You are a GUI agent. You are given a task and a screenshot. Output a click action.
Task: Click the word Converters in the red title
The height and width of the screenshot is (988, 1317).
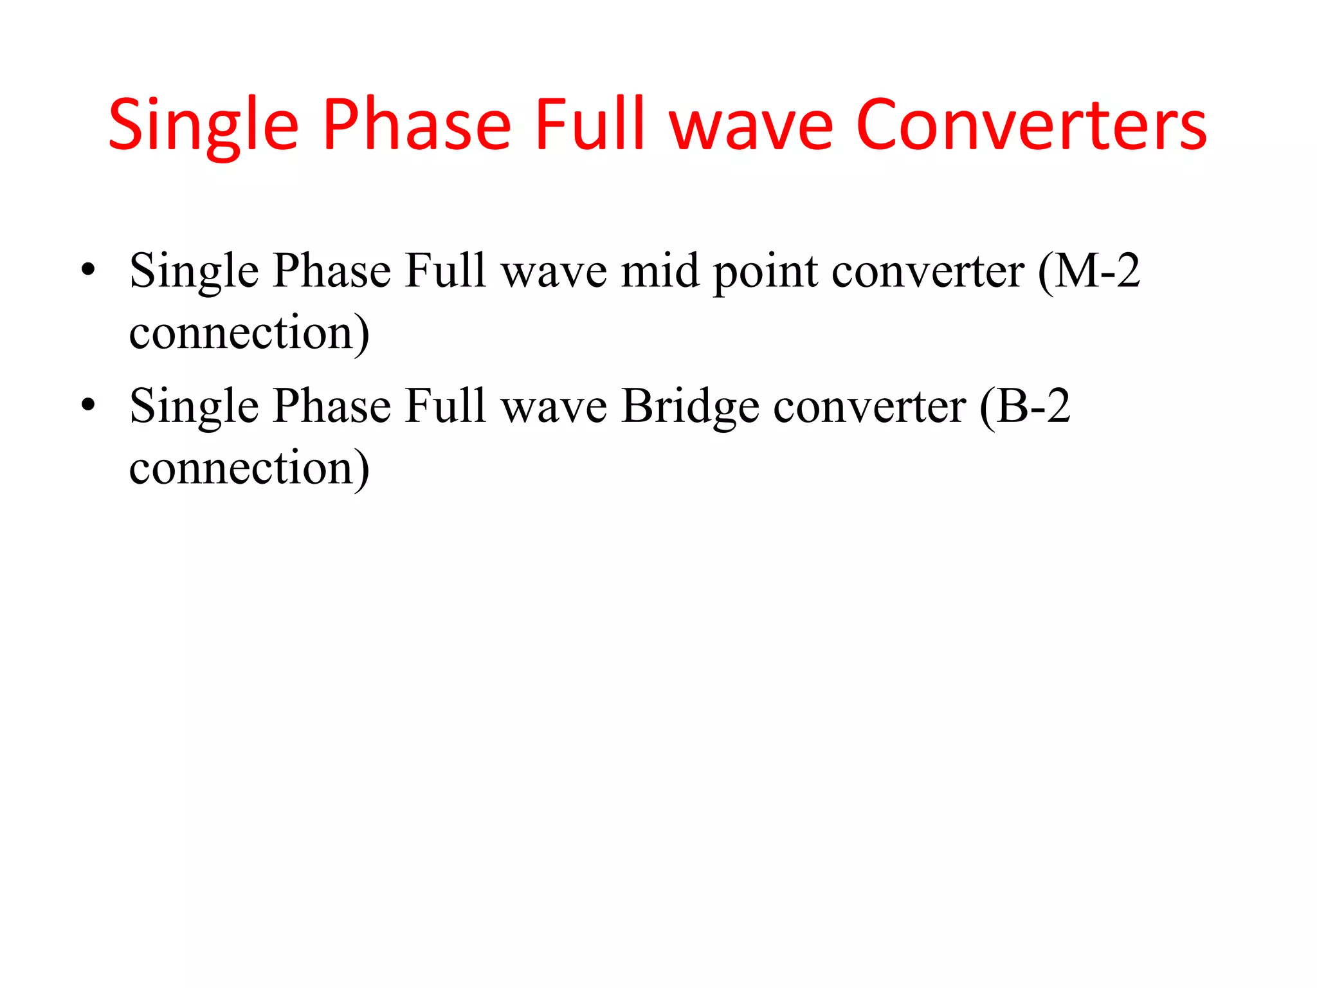[1031, 125]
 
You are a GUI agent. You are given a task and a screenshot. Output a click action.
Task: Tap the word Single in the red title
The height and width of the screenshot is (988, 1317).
[203, 127]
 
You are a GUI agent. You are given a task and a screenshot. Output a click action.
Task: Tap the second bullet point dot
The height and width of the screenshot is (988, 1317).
[88, 405]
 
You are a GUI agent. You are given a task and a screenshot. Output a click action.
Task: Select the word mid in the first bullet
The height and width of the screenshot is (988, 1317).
[660, 271]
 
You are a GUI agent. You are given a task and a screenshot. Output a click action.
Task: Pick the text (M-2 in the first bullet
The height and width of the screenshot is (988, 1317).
[1089, 271]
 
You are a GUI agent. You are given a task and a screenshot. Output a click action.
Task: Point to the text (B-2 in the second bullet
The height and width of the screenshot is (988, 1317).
[1025, 407]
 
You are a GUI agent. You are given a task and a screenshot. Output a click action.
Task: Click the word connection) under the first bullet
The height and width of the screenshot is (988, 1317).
[250, 333]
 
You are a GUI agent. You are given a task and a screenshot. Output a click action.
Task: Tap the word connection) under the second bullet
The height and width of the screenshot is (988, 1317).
[250, 468]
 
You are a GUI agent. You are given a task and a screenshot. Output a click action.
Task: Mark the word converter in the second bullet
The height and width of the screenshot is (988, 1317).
[869, 407]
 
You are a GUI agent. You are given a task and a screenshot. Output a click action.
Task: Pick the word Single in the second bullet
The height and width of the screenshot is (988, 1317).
[194, 407]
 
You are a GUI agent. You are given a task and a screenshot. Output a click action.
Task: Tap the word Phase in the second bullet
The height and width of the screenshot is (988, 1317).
[331, 406]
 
